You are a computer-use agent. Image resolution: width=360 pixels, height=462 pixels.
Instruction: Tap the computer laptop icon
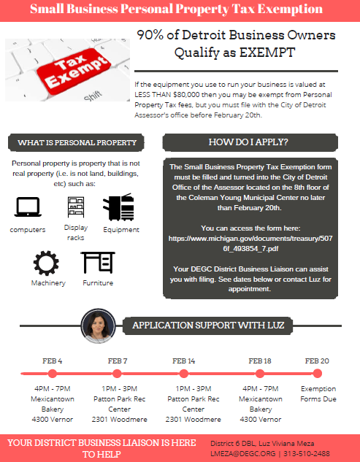(x=27, y=209)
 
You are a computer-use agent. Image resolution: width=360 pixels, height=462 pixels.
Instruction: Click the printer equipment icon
(x=121, y=209)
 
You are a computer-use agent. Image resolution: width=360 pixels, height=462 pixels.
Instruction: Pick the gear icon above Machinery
(x=47, y=262)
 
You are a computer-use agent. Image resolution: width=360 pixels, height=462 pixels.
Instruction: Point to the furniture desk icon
(x=97, y=262)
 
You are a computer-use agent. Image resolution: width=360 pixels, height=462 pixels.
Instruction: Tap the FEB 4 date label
(x=52, y=361)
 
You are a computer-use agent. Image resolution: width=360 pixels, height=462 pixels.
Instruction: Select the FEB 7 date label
(x=118, y=361)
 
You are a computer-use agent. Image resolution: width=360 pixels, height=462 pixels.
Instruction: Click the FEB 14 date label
(x=183, y=361)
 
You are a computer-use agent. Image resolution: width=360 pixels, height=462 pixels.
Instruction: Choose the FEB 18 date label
(x=260, y=361)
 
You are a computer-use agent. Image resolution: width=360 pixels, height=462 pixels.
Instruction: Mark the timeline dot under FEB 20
(x=317, y=374)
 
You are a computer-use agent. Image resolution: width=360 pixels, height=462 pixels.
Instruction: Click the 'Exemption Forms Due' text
(x=318, y=394)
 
